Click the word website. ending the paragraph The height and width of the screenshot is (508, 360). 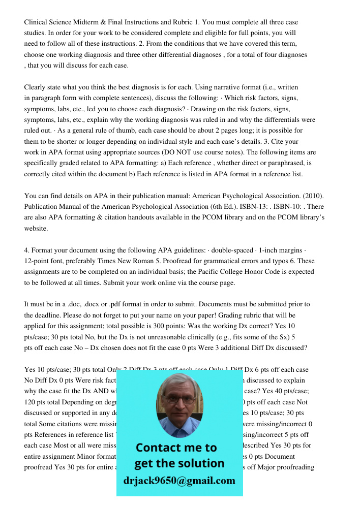36,229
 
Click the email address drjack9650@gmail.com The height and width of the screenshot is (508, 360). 179,481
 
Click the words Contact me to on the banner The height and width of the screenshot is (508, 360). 176,448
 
